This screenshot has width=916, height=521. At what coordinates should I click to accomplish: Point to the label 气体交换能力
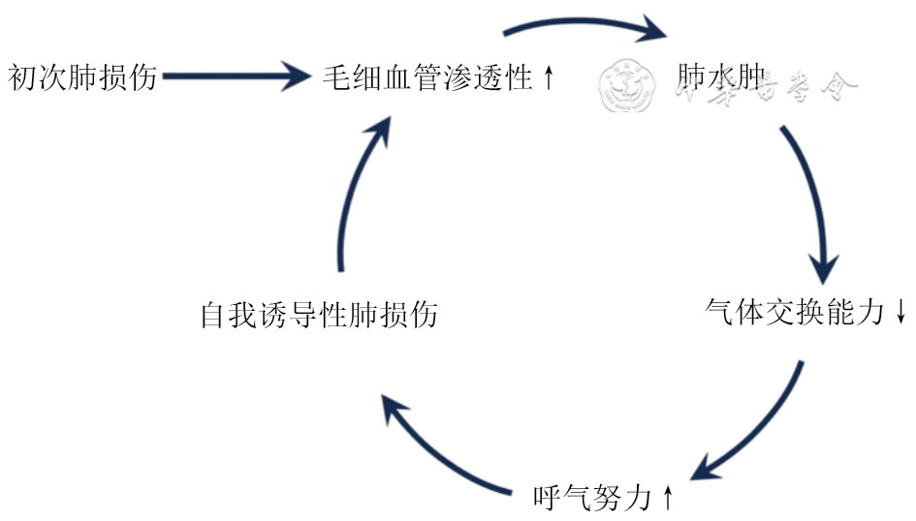coord(795,313)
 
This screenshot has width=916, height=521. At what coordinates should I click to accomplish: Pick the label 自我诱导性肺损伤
coord(319,315)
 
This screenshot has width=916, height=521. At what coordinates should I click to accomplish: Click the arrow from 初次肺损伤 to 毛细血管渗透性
coord(233,75)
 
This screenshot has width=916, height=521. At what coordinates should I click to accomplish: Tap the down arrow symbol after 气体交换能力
coord(900,313)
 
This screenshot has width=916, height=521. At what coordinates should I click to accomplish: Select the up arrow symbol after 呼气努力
coord(667,498)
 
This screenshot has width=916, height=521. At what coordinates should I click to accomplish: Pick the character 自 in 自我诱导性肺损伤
coord(213,315)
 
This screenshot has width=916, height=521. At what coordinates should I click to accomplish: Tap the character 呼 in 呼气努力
coord(548,498)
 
